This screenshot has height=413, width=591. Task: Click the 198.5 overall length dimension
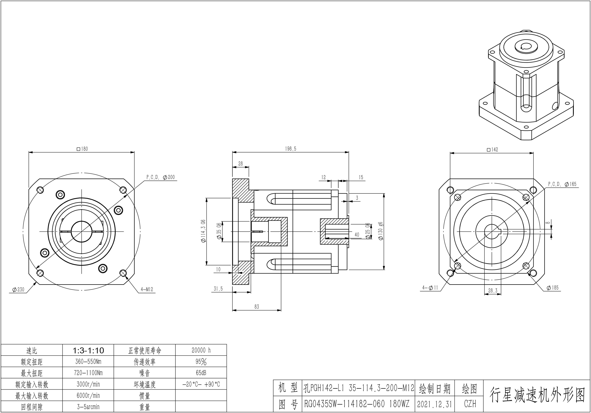point(291,149)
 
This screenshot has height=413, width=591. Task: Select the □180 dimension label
point(82,149)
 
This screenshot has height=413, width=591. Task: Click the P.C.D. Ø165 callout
point(562,184)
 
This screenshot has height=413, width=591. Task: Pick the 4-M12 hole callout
point(147,289)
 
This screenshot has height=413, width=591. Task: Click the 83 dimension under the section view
point(257,307)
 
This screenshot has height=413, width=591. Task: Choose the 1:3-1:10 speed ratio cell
point(88,350)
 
